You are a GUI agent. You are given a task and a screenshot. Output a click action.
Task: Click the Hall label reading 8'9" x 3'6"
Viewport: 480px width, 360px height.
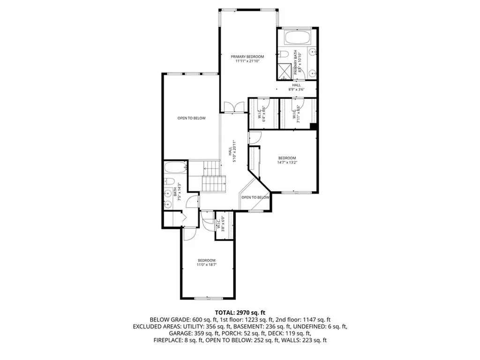296,87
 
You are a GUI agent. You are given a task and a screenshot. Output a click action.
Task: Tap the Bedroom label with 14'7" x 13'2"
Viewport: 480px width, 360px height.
287,160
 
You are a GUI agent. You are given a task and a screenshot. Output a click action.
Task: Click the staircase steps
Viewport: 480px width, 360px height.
213,178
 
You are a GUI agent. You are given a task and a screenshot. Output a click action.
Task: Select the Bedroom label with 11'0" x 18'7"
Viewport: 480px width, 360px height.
206,263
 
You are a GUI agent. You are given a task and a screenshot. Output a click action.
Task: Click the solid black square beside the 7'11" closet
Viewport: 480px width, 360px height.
314,126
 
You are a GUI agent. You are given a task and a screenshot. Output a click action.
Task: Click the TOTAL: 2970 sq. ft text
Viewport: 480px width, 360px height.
240,312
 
